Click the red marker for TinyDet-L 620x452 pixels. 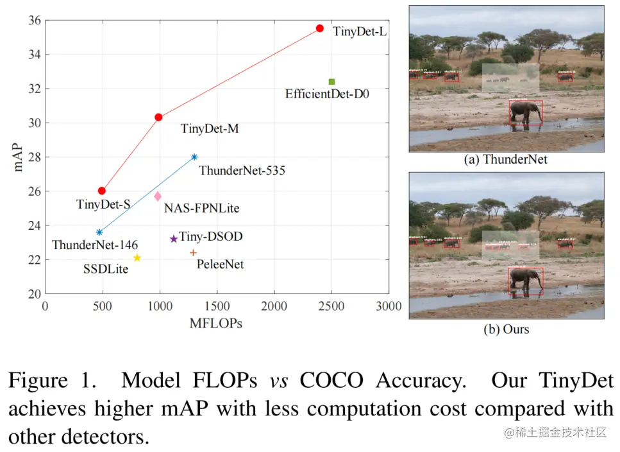319,28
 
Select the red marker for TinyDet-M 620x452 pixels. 158,117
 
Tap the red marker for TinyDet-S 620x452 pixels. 101,191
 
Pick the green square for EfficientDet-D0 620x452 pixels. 331,82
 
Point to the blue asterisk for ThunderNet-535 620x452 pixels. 194,157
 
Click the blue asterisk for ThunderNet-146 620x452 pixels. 99,232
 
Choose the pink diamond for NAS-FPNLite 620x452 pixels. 158,196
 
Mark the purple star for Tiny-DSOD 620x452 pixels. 173,239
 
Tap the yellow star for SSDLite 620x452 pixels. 137,258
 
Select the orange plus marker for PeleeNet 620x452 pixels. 193,253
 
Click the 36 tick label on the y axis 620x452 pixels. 33,21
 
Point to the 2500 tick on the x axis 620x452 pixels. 331,307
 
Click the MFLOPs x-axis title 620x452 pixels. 215,324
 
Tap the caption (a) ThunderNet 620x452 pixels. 506,160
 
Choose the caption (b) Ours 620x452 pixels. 506,329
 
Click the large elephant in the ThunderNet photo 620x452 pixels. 525,113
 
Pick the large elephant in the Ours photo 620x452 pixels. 525,281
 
